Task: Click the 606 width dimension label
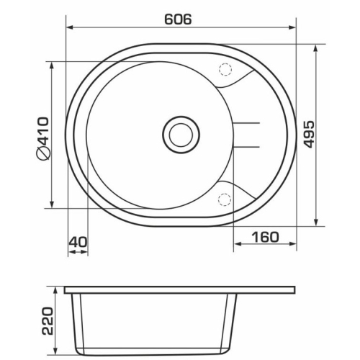pos(178,19)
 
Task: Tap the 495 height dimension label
pos(308,134)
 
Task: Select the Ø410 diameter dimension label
pos(43,138)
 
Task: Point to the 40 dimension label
pos(78,242)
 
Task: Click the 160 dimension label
pos(265,237)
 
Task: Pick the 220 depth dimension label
pos(48,320)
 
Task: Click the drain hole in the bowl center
pos(181,135)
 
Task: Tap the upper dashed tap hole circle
pos(225,70)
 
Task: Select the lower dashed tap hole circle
pos(225,199)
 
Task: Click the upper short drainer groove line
pos(247,123)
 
